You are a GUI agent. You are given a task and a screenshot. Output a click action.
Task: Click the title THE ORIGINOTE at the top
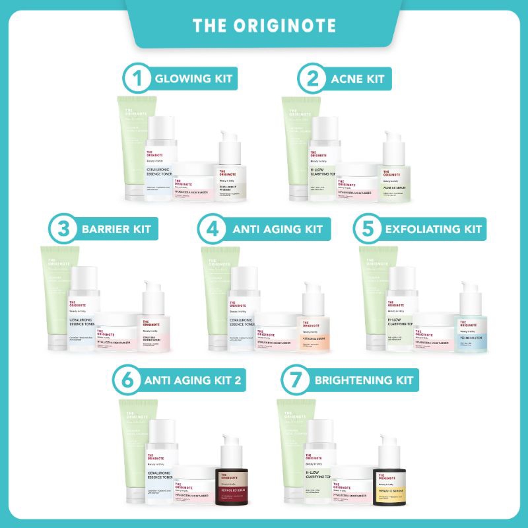[x=264, y=25]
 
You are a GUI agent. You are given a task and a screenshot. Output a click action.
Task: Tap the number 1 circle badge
[x=137, y=80]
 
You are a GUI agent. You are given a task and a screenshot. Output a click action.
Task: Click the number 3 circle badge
[x=64, y=230]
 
